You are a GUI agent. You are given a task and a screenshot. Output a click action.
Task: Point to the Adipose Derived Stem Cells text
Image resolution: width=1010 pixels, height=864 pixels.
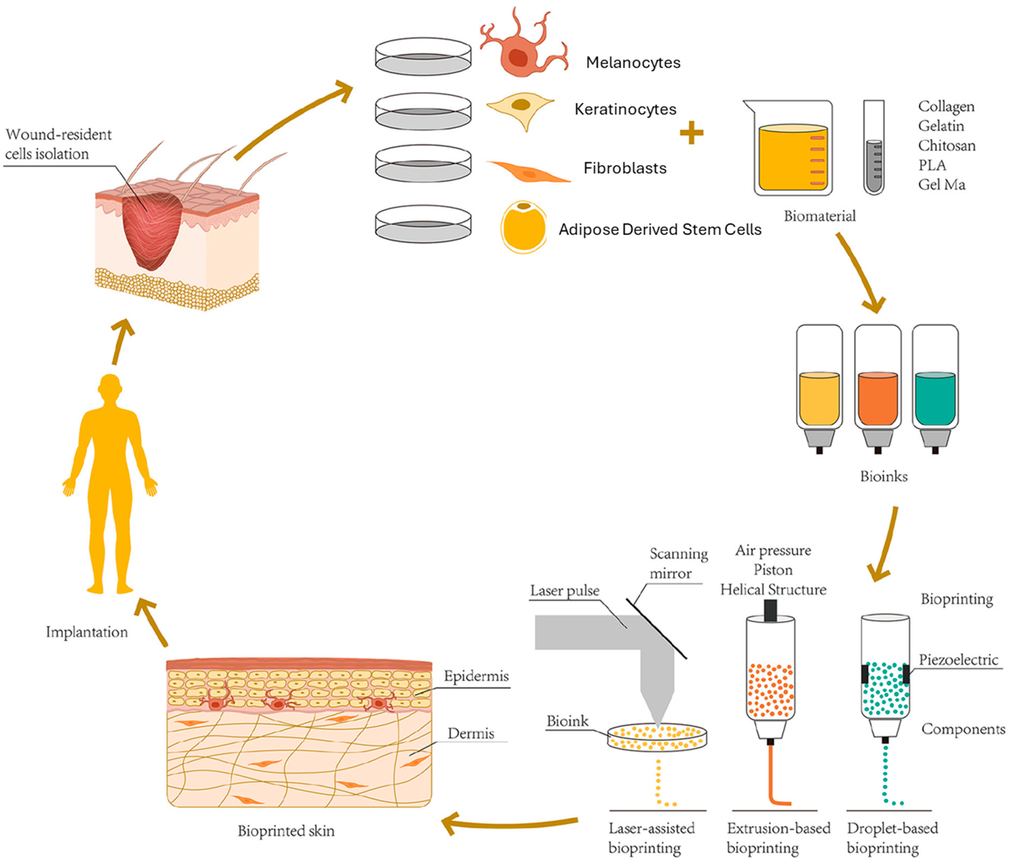[659, 229]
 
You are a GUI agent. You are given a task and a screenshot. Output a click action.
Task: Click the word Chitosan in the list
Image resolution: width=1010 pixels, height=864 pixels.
[947, 146]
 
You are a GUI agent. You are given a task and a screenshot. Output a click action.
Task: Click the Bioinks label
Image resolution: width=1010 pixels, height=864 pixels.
[883, 476]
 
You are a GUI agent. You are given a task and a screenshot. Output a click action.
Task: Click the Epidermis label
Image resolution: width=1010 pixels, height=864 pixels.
[476, 676]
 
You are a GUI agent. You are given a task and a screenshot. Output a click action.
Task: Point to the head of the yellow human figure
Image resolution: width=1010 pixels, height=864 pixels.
[110, 387]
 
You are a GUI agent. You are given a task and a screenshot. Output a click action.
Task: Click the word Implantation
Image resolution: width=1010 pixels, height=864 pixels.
[87, 632]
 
